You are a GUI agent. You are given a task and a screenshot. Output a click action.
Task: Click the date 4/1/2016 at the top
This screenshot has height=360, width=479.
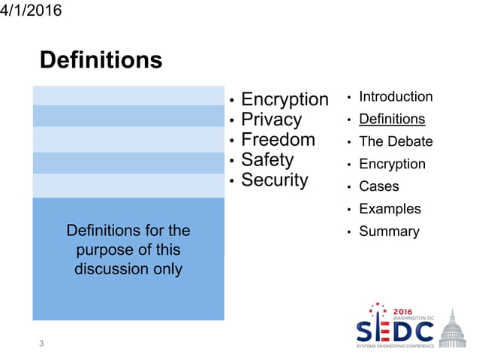(32, 11)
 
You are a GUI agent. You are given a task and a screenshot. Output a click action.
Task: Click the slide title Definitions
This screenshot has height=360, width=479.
(101, 60)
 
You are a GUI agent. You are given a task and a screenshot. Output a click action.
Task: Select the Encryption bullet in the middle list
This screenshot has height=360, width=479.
(285, 99)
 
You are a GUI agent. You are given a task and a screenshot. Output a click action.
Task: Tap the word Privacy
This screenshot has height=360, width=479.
(271, 119)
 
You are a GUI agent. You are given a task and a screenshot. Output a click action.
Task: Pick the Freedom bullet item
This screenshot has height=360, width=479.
(278, 140)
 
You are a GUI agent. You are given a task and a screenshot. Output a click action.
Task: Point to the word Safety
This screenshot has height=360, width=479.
(267, 159)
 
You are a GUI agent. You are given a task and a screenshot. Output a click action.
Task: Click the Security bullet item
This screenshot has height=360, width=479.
(274, 180)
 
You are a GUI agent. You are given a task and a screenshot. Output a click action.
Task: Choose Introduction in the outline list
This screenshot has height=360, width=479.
(396, 97)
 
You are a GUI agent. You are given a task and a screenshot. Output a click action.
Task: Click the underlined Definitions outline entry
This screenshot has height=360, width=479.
(392, 119)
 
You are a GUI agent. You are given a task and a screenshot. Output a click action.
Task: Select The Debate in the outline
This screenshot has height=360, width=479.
(396, 141)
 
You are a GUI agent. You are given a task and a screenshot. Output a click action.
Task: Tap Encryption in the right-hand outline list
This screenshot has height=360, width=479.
(392, 164)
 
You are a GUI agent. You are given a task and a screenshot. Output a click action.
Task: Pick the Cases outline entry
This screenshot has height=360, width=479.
(379, 186)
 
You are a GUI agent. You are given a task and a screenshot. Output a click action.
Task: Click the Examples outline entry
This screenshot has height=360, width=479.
(390, 209)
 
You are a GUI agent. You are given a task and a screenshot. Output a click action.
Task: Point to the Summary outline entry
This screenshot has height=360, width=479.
(389, 231)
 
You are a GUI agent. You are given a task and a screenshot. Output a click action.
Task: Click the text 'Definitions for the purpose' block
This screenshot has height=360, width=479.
(128, 249)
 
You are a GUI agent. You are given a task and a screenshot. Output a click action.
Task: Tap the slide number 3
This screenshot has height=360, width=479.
(42, 344)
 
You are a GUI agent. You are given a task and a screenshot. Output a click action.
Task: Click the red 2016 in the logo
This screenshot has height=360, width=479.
(403, 310)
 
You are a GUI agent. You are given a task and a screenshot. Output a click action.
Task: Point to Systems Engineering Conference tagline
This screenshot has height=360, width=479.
(395, 346)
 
